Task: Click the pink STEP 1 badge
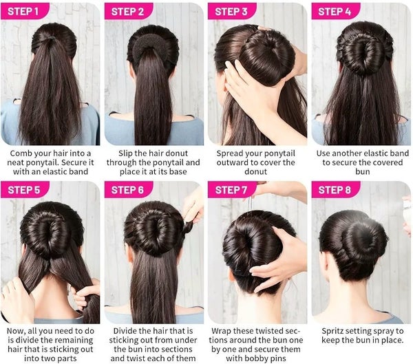(25, 11)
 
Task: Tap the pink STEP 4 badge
(336, 11)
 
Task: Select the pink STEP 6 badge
(129, 189)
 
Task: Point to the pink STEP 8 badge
(336, 189)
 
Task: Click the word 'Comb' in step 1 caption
(20, 153)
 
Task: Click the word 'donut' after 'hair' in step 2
(176, 153)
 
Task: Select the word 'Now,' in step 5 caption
(16, 331)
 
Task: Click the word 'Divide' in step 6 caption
(125, 331)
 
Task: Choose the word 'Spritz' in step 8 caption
(333, 331)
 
